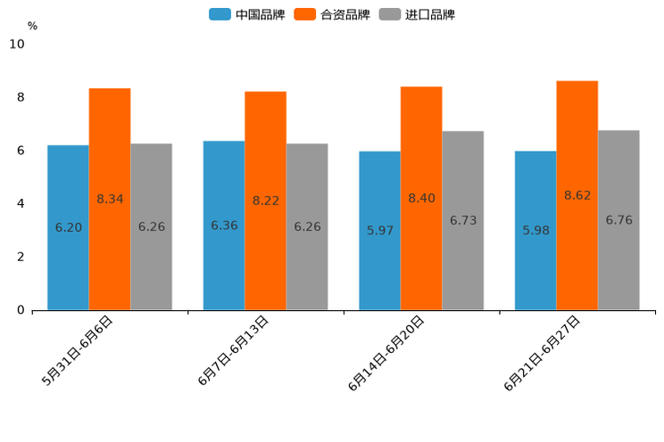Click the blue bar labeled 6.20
click(68, 227)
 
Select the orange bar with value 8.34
click(110, 199)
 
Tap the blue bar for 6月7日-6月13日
click(224, 225)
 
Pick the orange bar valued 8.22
click(265, 201)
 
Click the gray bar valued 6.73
click(463, 220)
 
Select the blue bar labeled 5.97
click(379, 230)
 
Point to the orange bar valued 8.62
click(577, 195)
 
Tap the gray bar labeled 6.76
click(618, 220)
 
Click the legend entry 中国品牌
click(247, 14)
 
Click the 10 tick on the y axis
click(17, 44)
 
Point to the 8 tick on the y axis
click(21, 97)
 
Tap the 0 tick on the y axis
click(21, 310)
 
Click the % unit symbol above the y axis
click(32, 26)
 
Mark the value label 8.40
click(421, 198)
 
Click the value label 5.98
click(535, 230)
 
